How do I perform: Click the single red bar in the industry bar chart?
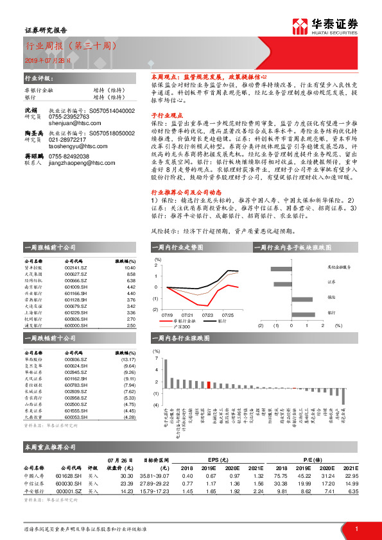tap(209, 384)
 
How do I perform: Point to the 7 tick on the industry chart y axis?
tap(155, 361)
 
